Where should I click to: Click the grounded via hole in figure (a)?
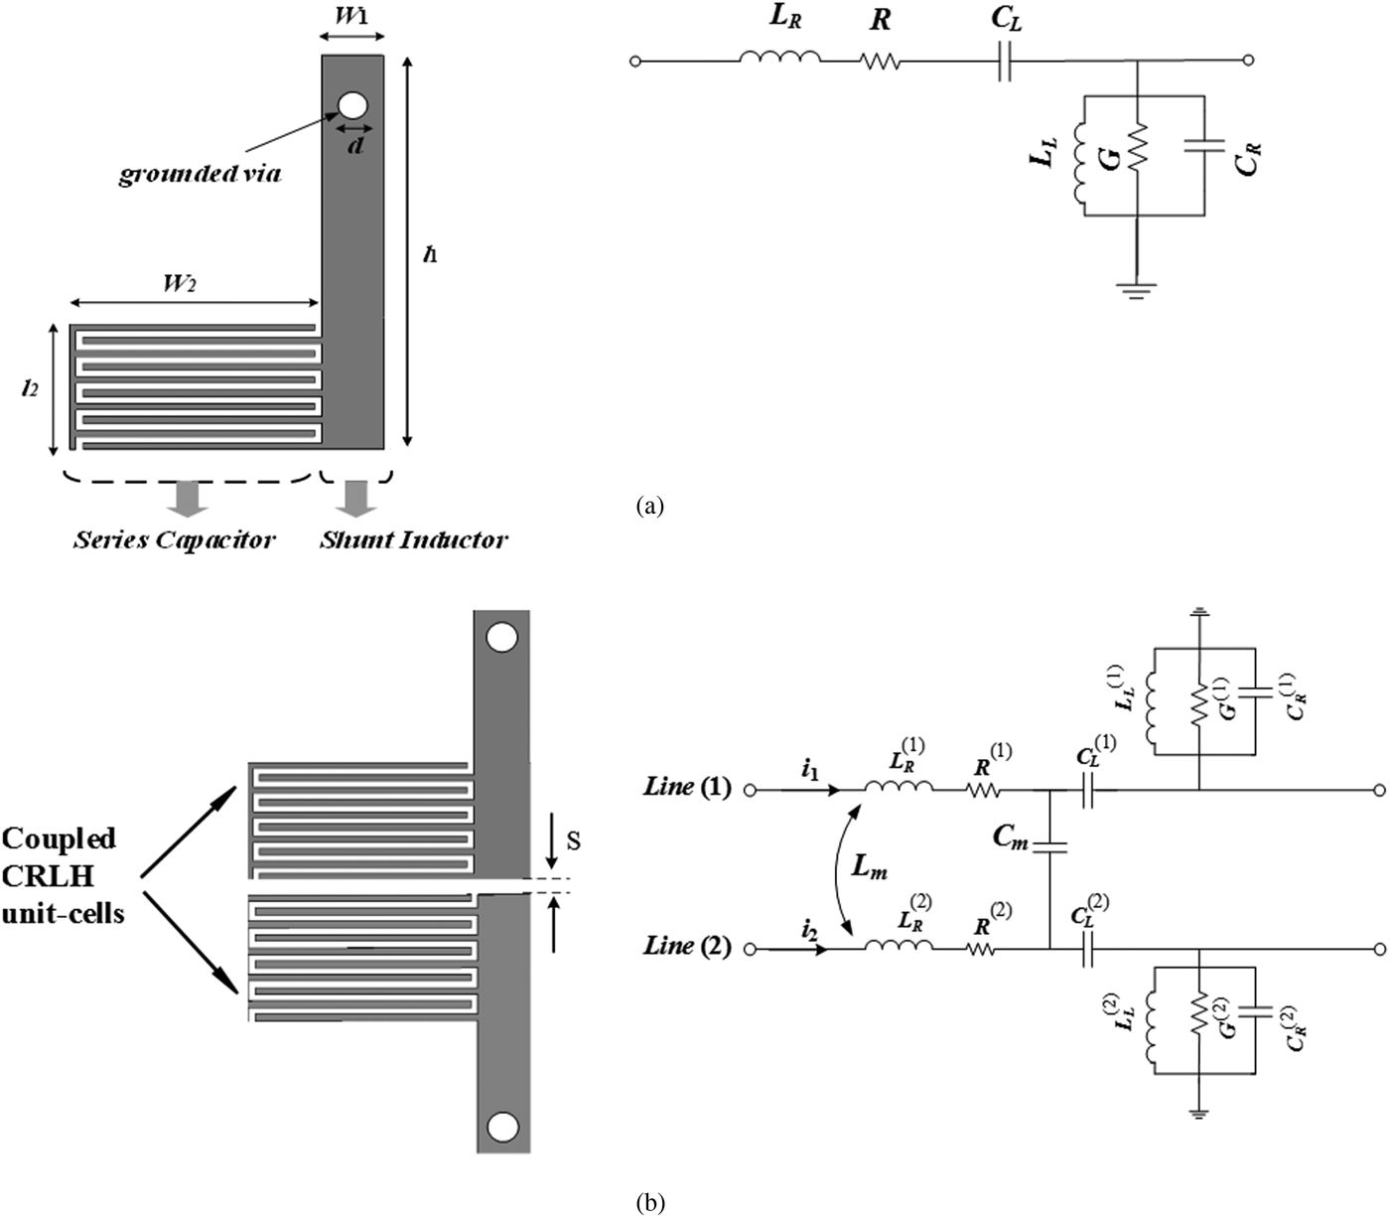352,105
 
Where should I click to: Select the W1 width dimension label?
352,17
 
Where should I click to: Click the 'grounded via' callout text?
200,175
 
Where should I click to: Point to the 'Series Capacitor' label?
174,540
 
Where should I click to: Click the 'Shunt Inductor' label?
413,540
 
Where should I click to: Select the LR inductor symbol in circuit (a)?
779,61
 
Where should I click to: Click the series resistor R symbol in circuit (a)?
880,62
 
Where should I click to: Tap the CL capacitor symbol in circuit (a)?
1007,62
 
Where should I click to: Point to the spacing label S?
573,840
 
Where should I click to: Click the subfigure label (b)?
649,1203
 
